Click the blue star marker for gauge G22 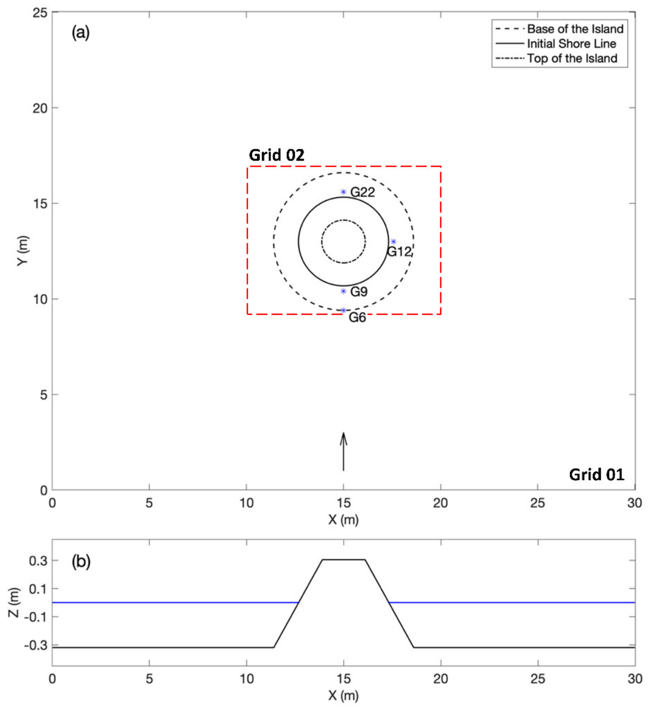pos(343,192)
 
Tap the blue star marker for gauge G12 pos(394,242)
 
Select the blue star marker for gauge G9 pos(343,291)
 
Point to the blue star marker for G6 pos(343,310)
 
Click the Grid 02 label pos(276,155)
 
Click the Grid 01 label pos(597,475)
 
